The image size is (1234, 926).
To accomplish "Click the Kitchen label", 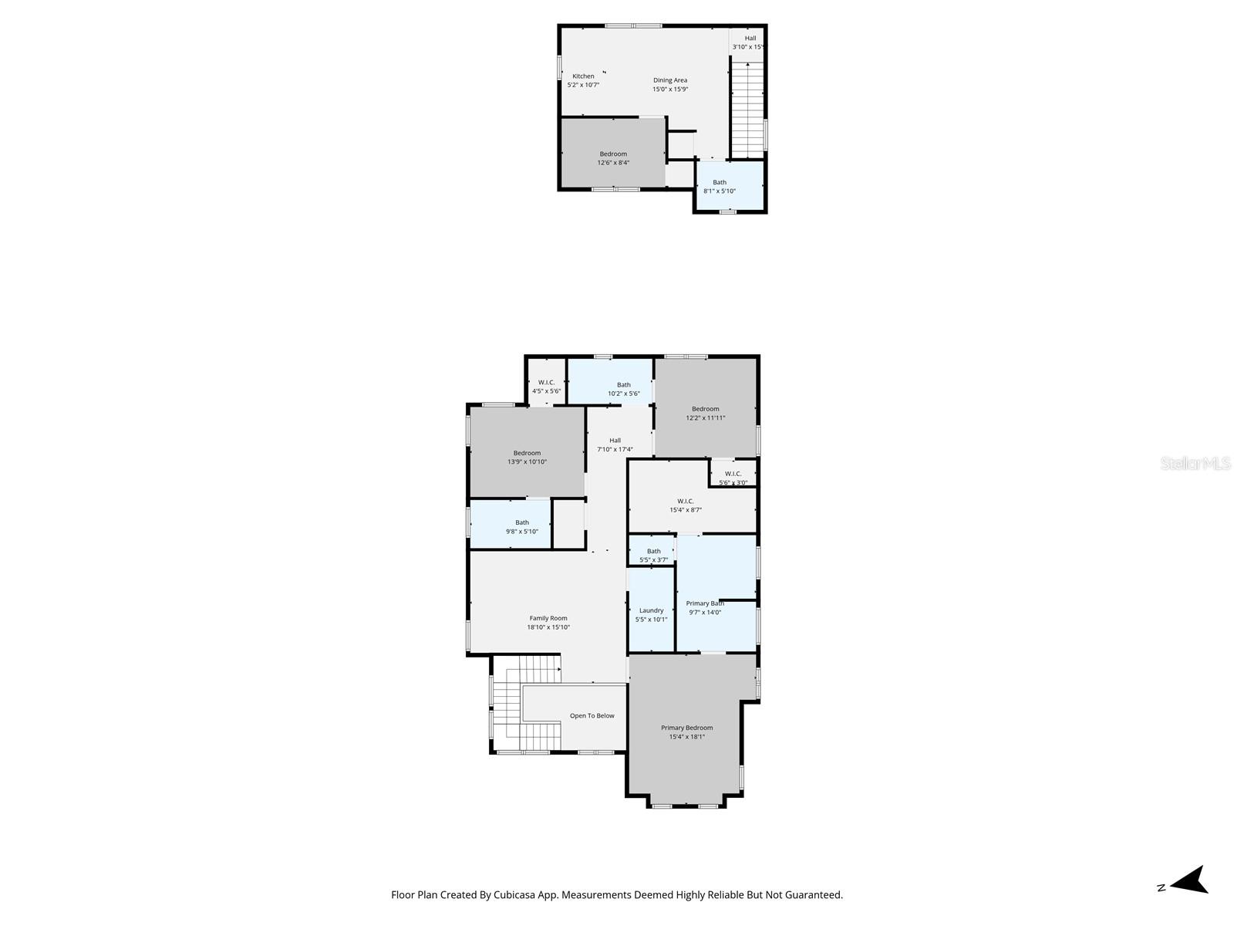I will point(583,76).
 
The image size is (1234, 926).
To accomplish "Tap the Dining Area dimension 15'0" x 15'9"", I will point(670,90).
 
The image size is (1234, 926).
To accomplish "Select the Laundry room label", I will point(652,610).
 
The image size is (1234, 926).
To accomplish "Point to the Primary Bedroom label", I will point(686,728).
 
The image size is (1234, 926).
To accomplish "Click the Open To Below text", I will point(592,716).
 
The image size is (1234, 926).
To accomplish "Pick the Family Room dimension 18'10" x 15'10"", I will point(548,627).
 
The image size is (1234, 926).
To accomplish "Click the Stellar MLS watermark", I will point(1195,464).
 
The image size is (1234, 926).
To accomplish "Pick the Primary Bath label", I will point(704,603).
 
